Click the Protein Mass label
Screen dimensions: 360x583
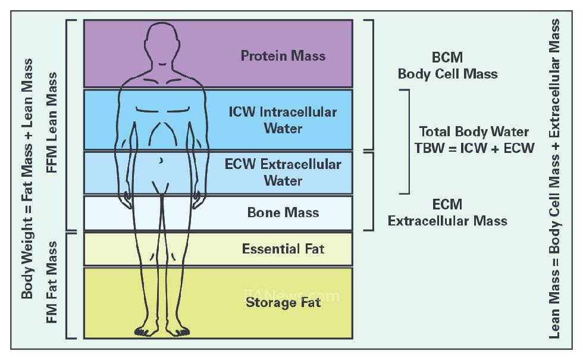[x=283, y=56]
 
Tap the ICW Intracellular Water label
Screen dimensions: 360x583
[x=283, y=120]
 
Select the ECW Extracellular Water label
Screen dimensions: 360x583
[x=283, y=172]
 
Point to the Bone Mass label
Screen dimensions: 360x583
[x=283, y=212]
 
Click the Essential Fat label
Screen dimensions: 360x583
[x=283, y=248]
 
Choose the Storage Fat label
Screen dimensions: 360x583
[x=283, y=302]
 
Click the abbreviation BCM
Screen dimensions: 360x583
[x=447, y=58]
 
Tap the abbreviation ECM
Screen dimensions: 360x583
[x=447, y=205]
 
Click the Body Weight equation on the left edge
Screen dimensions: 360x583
[x=27, y=179]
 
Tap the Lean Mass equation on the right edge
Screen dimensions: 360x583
[x=554, y=179]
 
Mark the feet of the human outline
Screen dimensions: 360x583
[x=162, y=330]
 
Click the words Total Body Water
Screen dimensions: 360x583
[x=474, y=132]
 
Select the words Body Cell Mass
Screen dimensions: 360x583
[x=447, y=74]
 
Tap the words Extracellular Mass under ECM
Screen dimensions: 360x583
[x=447, y=221]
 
